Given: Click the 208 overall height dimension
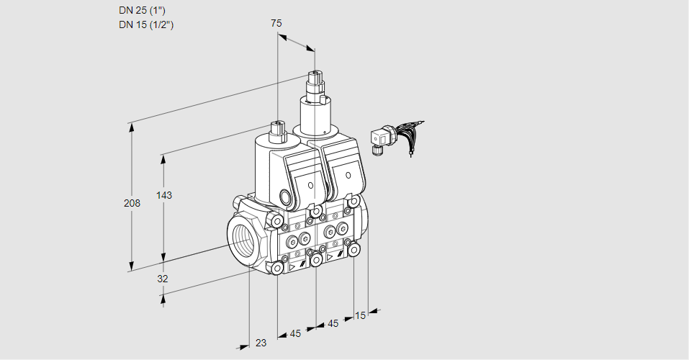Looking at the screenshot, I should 132,203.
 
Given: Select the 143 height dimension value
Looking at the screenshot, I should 165,195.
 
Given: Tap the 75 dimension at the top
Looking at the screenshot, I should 276,23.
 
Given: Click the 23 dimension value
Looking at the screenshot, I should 261,343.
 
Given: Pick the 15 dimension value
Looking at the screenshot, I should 360,315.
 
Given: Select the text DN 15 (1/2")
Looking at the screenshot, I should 147,24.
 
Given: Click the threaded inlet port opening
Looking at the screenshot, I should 242,236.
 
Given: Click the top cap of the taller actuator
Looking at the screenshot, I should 315,75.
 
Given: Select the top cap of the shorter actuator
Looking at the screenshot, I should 277,126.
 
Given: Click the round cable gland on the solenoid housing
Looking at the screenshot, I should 285,197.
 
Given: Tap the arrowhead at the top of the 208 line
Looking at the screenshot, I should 131,127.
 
